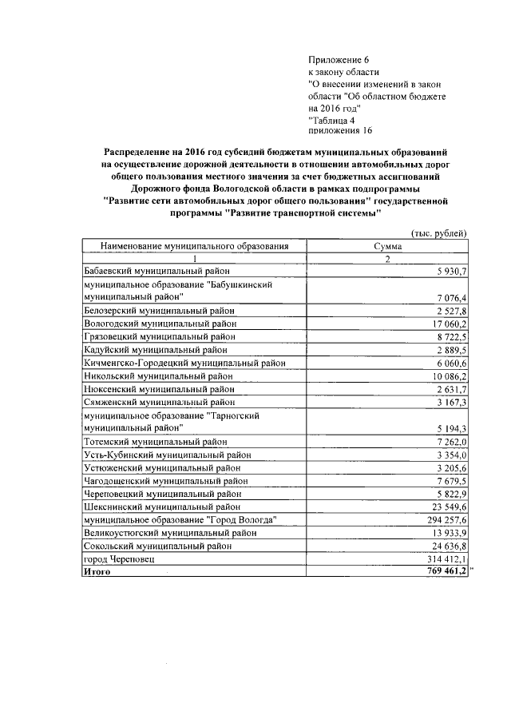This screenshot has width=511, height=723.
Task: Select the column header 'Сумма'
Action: click(387, 247)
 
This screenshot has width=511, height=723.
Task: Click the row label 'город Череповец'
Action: click(118, 559)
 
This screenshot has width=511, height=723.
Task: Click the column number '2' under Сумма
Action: click(387, 260)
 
